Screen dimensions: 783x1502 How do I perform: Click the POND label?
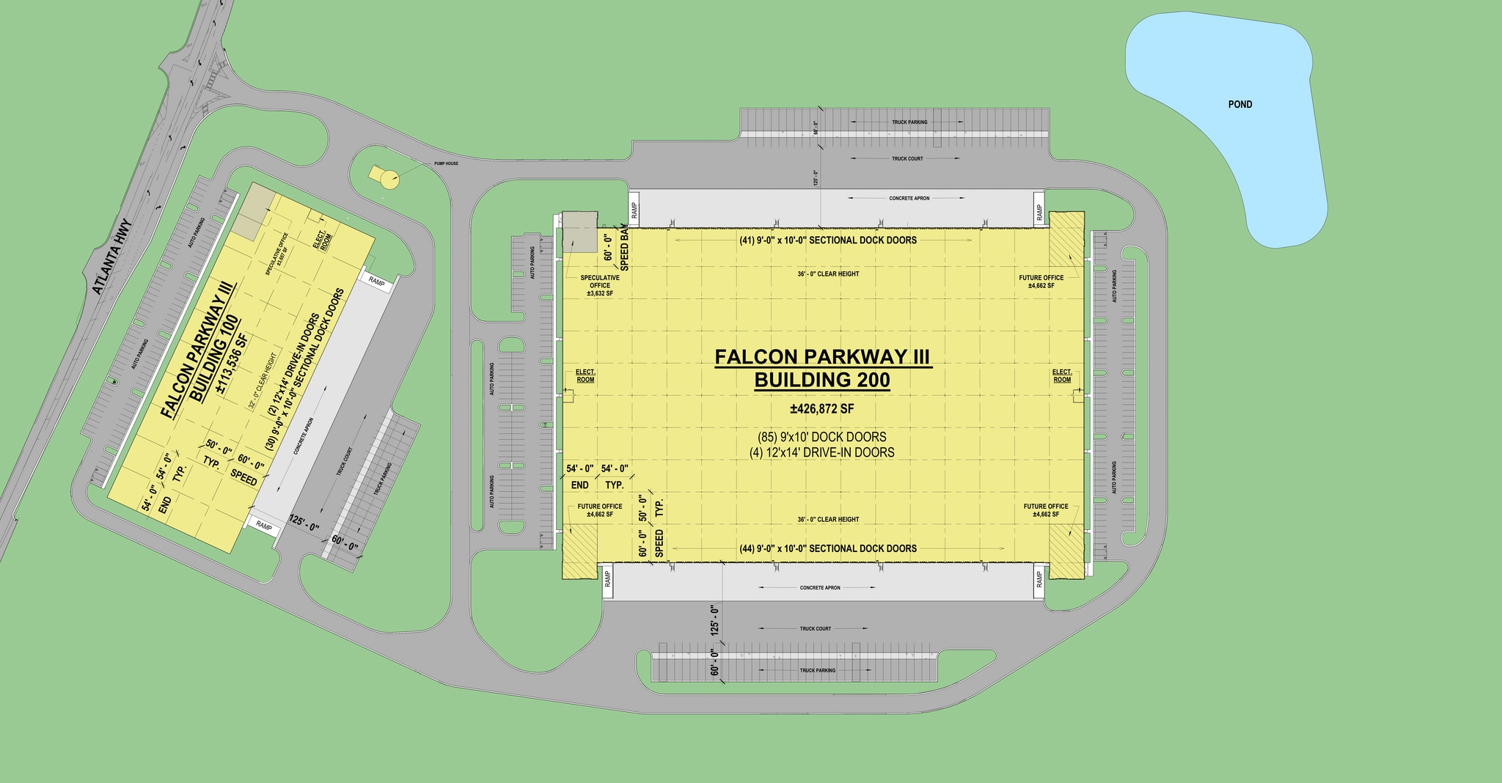(1240, 104)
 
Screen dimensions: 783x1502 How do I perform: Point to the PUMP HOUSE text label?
(446, 163)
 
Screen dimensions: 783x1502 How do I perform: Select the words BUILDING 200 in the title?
(822, 380)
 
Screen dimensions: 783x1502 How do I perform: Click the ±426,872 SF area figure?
(822, 408)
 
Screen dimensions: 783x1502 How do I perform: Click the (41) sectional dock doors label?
(827, 240)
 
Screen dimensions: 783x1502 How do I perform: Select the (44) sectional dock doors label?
(827, 548)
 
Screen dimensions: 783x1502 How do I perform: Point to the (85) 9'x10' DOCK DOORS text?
(822, 437)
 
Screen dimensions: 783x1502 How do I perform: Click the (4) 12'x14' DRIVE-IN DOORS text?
(822, 452)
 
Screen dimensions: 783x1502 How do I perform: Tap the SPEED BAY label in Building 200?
(625, 250)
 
